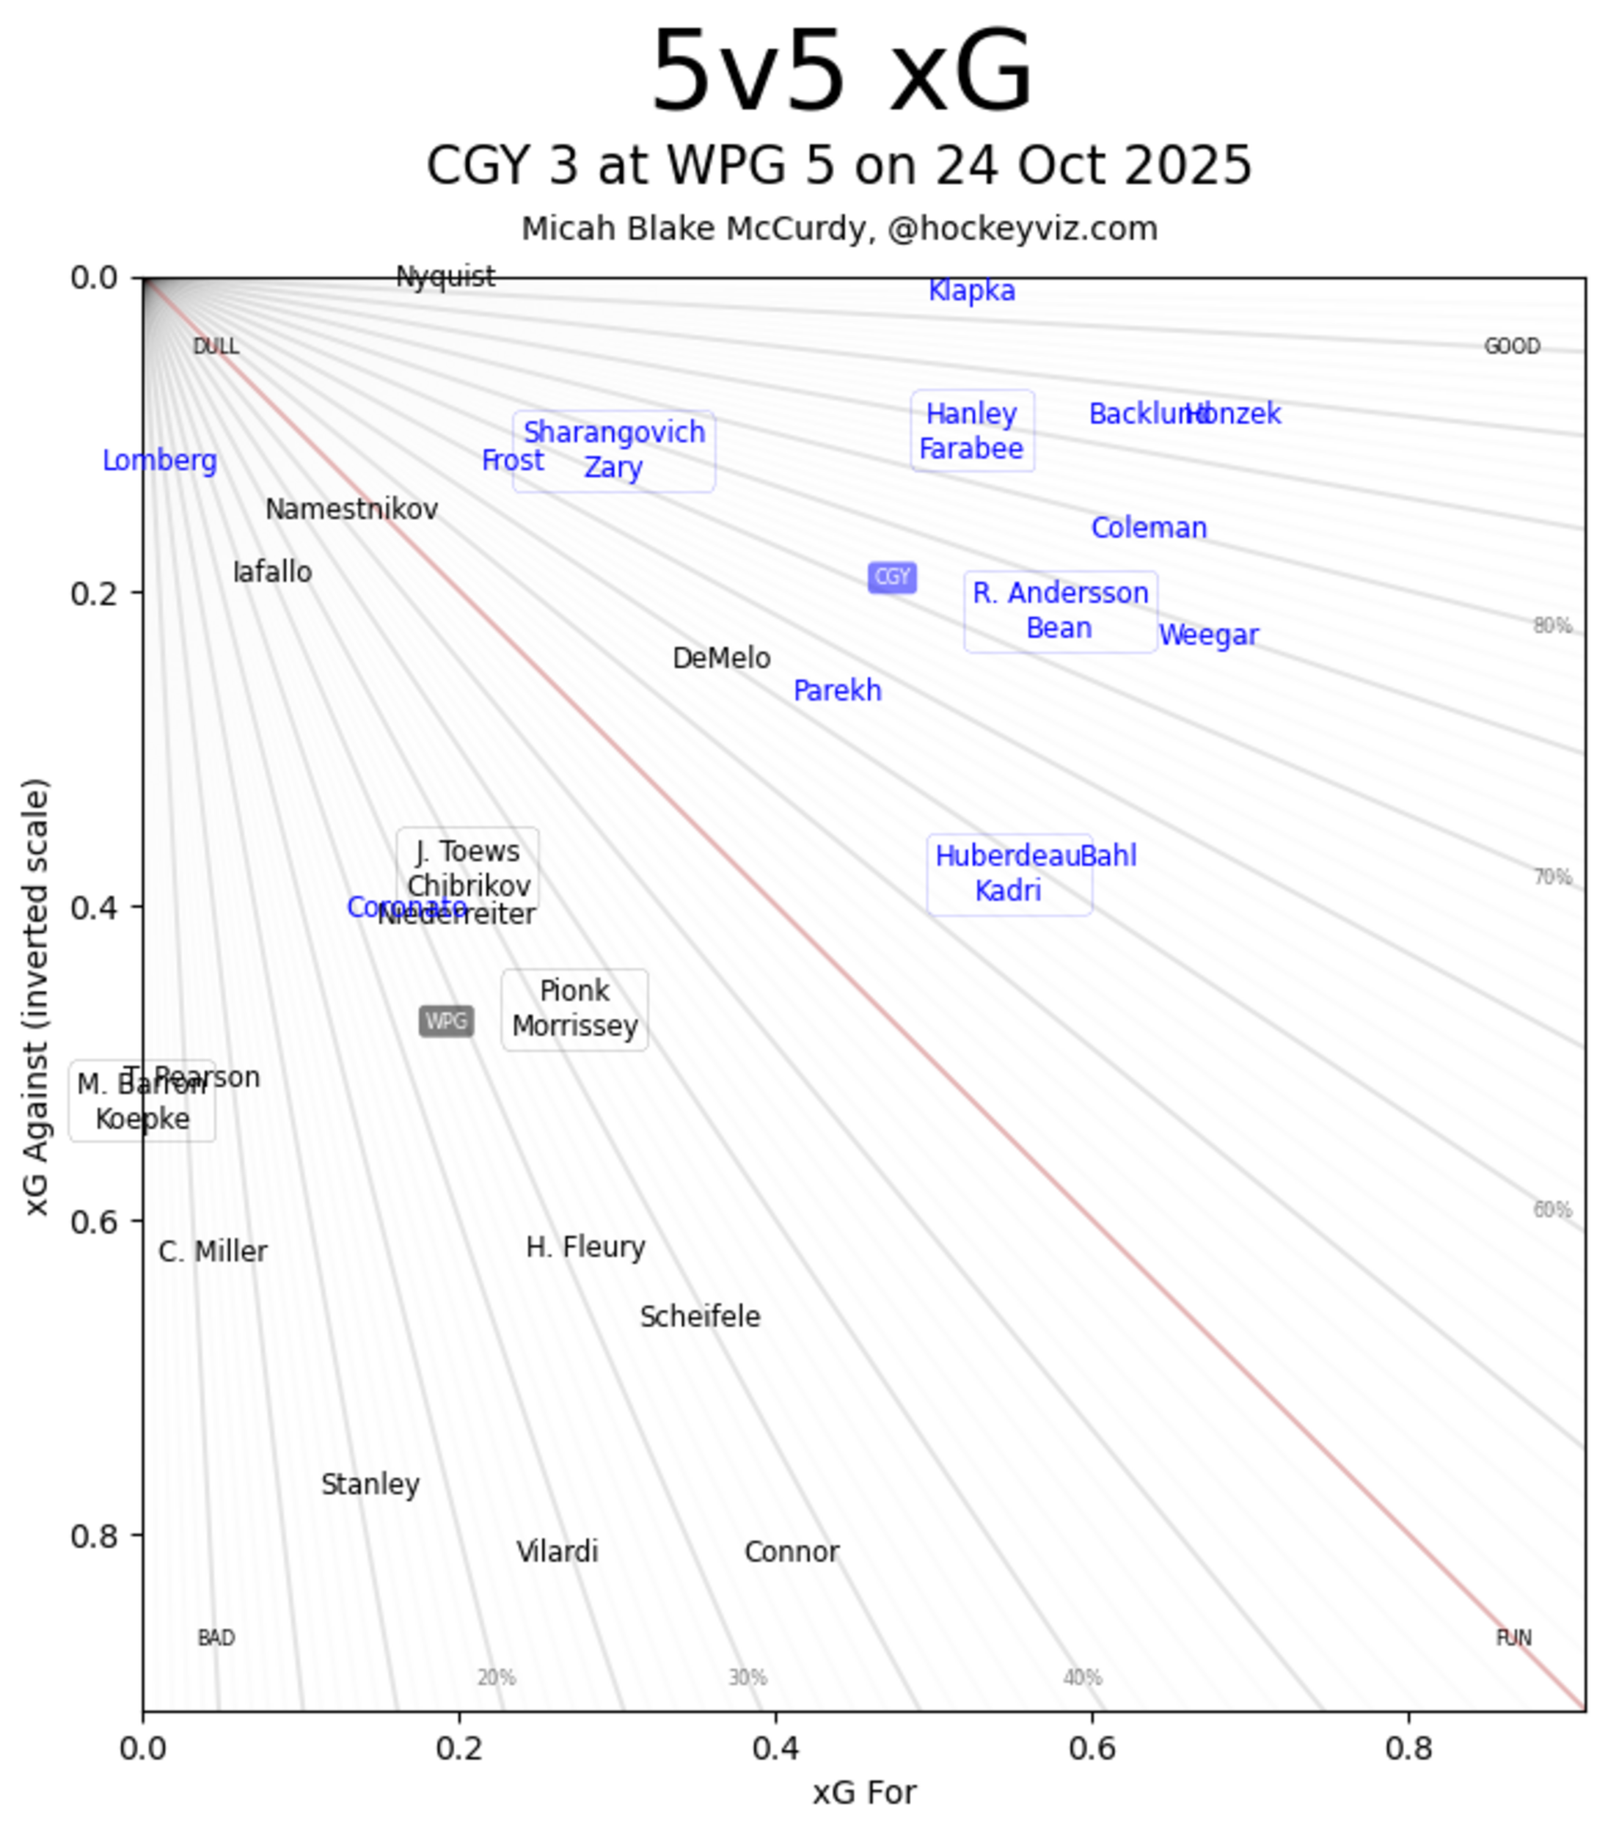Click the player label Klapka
972,291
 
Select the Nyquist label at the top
445,277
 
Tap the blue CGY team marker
892,577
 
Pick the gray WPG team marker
446,1021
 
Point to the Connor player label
792,1552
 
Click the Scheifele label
700,1317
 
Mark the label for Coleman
1149,527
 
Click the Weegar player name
1209,635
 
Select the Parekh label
837,691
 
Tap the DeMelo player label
721,659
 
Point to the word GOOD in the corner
1512,346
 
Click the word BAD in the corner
216,1638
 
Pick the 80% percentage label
1552,626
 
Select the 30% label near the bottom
748,1678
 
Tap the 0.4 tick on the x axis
775,1749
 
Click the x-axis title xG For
864,1793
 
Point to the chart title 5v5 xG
841,72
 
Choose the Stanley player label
370,1485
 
